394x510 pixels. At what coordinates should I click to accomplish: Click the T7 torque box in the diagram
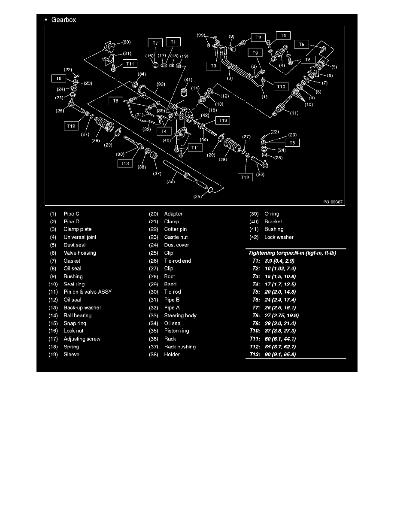point(155,43)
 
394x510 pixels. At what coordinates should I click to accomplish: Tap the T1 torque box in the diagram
point(173,42)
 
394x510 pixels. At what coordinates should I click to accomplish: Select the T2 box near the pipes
point(258,37)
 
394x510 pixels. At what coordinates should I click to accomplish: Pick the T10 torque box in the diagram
point(281,87)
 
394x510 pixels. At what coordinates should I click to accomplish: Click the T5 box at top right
point(302,44)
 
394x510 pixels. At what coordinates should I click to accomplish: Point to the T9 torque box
point(255,53)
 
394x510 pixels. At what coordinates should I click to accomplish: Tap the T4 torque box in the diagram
point(164,131)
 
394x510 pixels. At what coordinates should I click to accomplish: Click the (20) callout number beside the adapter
point(126,42)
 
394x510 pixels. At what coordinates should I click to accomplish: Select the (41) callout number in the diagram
point(188,80)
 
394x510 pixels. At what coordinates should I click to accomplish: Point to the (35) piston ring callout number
point(198,197)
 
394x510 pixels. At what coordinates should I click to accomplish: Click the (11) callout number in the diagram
point(294,113)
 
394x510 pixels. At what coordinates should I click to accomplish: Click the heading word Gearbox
point(64,20)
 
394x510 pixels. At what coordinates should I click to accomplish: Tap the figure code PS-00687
point(333,202)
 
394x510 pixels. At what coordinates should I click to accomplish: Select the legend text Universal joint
point(80,237)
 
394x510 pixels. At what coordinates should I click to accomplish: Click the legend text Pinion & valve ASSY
point(88,292)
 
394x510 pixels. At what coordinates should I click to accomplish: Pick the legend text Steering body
point(180,316)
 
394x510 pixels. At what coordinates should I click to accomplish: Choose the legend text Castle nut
point(176,237)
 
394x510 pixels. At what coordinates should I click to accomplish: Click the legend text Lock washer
point(279,237)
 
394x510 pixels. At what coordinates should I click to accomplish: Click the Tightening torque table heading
point(292,253)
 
